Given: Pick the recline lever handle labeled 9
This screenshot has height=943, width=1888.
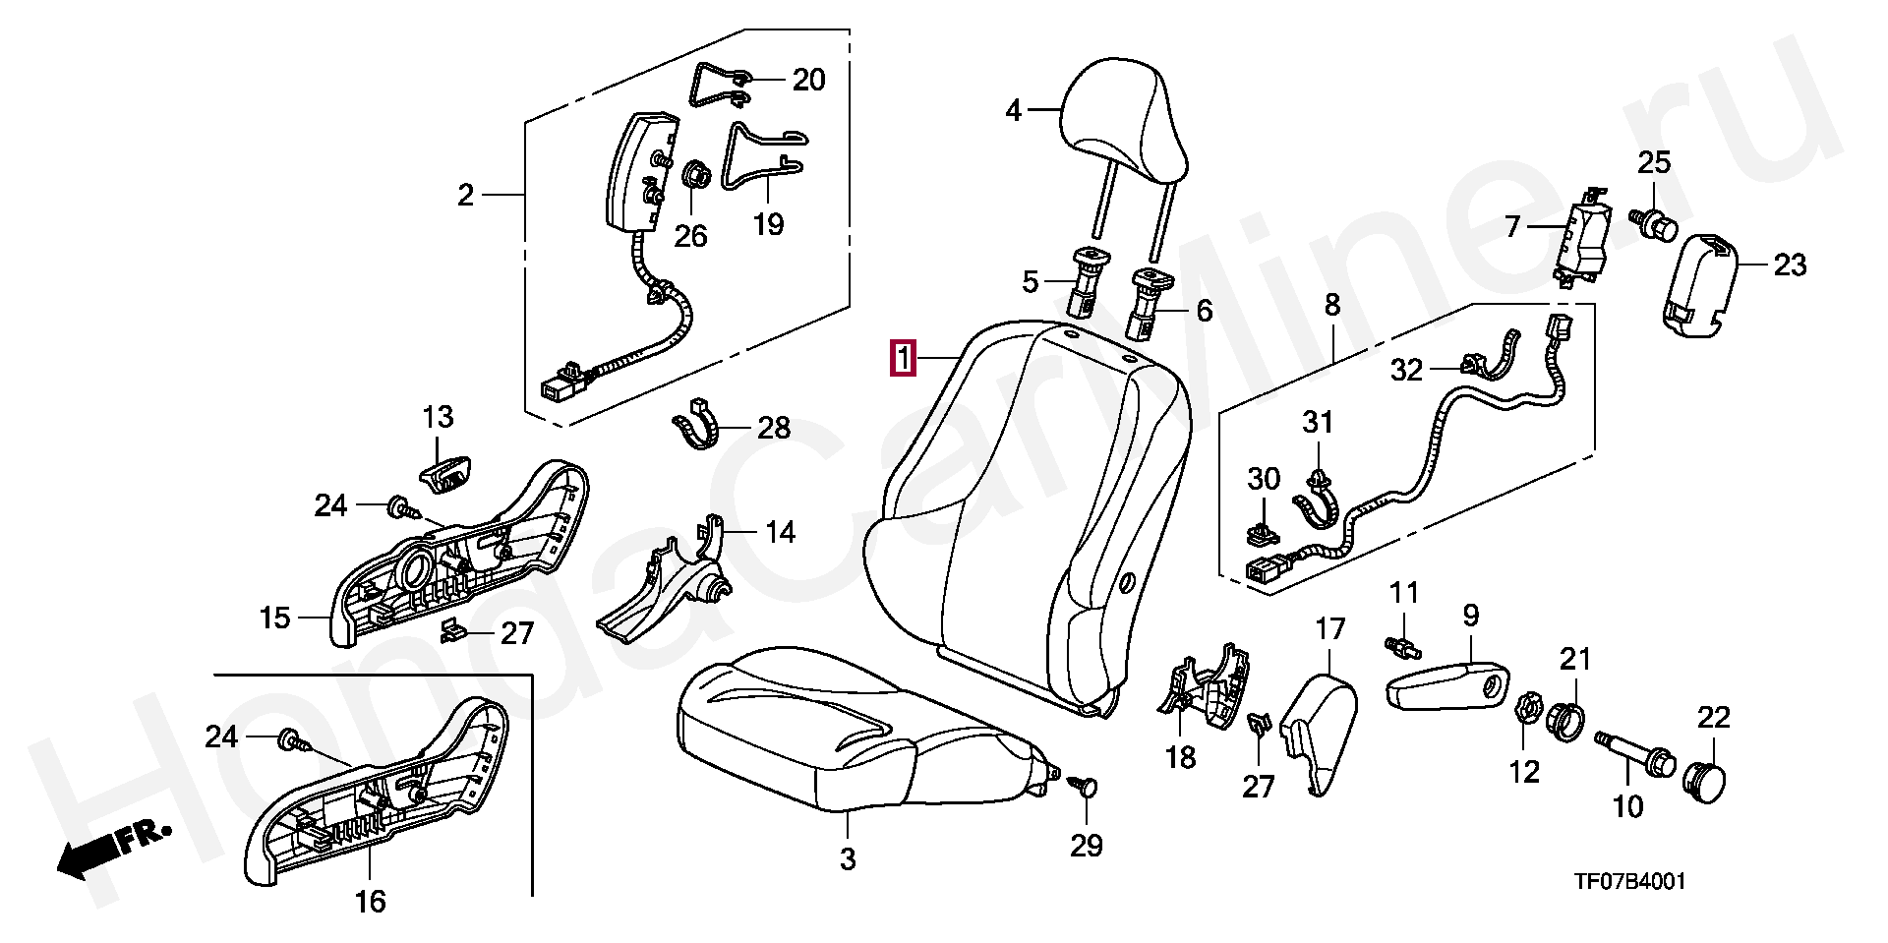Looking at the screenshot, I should click(x=1445, y=685).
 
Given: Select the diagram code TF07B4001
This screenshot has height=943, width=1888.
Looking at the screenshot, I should click(x=1629, y=881).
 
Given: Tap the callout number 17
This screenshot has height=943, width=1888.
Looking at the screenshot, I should click(x=1329, y=629).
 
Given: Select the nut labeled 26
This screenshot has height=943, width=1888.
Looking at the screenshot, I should click(x=696, y=178).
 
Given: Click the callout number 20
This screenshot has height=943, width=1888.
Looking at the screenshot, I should click(x=808, y=80).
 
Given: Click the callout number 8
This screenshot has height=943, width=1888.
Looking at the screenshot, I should click(x=1331, y=305).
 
